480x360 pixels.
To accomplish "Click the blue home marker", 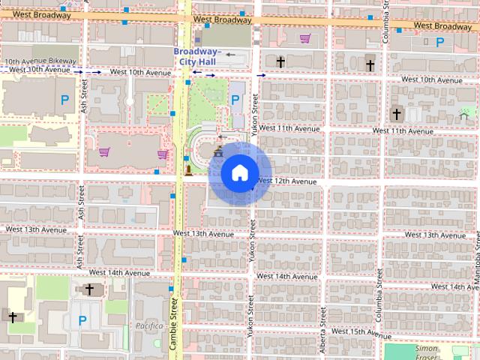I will tap(238, 173).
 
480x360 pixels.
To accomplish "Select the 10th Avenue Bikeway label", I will tap(40, 61).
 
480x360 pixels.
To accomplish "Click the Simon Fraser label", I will tap(426, 349).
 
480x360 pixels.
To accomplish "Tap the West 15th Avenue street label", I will tap(358, 331).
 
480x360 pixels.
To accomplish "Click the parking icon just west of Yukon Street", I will tap(235, 99).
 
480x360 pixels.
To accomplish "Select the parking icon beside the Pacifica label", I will tap(82, 320).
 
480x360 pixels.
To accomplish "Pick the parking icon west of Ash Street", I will tap(65, 98).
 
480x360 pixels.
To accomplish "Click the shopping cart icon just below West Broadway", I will tap(305, 38).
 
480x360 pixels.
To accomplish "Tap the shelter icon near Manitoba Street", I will tap(463, 114).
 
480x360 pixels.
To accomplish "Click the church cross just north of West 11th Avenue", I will tap(396, 114).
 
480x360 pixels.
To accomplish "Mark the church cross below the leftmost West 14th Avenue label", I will tap(89, 289).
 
